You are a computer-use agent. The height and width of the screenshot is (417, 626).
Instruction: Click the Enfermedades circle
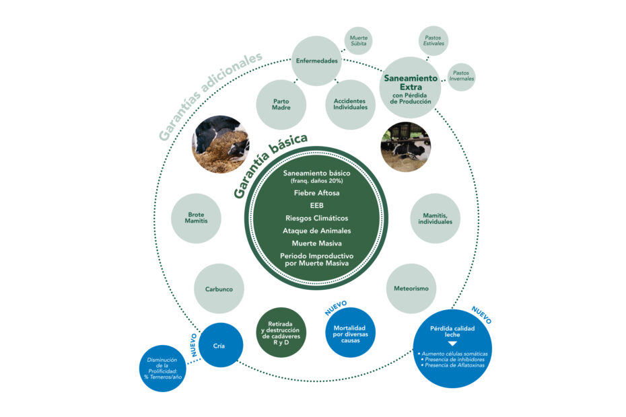pyautogui.click(x=316, y=61)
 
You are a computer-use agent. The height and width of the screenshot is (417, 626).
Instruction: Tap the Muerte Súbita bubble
pyautogui.click(x=358, y=41)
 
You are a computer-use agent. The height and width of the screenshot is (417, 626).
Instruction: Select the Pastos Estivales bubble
pyautogui.click(x=433, y=41)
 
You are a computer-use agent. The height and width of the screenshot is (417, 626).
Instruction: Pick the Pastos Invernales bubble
pyautogui.click(x=461, y=77)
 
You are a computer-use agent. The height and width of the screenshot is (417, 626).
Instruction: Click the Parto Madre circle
pyautogui.click(x=281, y=104)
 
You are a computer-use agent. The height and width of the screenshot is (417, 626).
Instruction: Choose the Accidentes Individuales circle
pyautogui.click(x=350, y=104)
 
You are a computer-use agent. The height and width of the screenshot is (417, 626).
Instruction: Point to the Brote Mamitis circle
pyautogui.click(x=196, y=219)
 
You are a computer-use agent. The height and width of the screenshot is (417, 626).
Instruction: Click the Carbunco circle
pyautogui.click(x=219, y=289)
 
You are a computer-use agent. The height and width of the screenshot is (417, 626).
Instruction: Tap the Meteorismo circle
pyautogui.click(x=411, y=289)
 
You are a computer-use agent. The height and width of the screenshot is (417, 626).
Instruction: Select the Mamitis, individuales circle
pyautogui.click(x=435, y=219)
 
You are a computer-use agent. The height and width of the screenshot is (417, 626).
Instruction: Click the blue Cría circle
pyautogui.click(x=220, y=345)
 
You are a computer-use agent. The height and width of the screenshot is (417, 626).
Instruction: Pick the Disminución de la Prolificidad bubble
pyautogui.click(x=162, y=369)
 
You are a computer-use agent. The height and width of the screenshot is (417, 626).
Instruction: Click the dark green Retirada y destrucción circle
pyautogui.click(x=281, y=332)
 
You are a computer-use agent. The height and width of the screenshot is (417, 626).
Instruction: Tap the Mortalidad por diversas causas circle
pyautogui.click(x=350, y=332)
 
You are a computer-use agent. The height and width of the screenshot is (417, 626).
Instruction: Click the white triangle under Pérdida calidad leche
pyautogui.click(x=452, y=344)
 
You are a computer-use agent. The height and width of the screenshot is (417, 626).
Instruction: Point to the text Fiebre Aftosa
pyautogui.click(x=316, y=193)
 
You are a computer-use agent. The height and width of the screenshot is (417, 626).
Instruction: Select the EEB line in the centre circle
pyautogui.click(x=316, y=206)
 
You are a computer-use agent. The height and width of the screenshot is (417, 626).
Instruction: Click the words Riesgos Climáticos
pyautogui.click(x=316, y=219)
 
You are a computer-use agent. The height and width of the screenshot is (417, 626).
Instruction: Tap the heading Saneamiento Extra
pyautogui.click(x=411, y=83)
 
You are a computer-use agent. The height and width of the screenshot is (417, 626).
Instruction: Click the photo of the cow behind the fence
pyautogui.click(x=406, y=147)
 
